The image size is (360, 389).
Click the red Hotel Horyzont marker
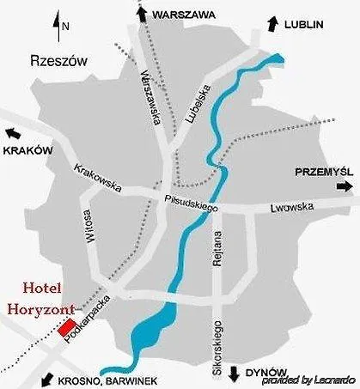click(x=66, y=327)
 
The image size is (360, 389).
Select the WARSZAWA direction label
click(x=182, y=15)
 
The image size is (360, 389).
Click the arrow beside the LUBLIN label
click(x=272, y=24)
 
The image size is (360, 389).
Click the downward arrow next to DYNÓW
click(x=233, y=373)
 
